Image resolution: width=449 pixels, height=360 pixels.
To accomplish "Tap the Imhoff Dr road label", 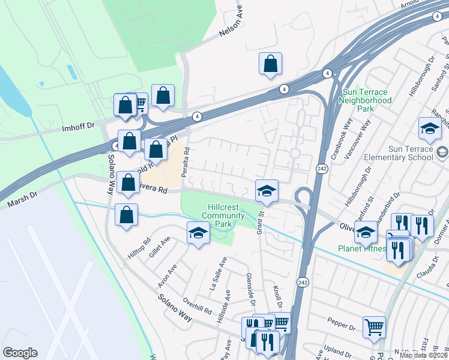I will [79, 127].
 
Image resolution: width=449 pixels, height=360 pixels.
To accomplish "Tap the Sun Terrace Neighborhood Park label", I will [366, 100].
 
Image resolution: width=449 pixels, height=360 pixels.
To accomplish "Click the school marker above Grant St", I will [267, 191].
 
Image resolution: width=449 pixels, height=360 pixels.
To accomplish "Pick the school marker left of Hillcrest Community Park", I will [197, 233].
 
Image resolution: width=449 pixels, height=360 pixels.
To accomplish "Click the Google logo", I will [20, 353].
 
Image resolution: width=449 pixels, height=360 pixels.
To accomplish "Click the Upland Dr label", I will [337, 351].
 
